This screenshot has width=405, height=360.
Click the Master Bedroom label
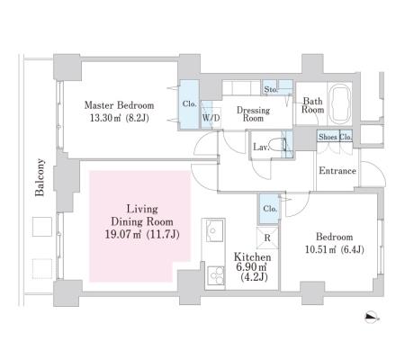pos(119,105)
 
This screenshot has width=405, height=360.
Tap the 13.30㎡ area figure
pos(105,118)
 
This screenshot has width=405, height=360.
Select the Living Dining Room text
pos(142,215)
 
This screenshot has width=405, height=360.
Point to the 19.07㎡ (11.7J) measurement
pos(142,234)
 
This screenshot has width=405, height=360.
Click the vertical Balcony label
pos(40,177)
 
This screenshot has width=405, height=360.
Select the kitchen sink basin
pos(215,230)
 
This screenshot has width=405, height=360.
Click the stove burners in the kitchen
pos(215,275)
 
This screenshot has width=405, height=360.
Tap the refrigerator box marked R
pos(267,238)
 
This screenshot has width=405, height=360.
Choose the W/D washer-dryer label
pos(211,118)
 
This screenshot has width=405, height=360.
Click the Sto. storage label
pos(271,89)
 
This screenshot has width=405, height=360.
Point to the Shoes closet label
pos(328,137)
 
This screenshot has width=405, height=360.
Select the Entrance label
pos(337,171)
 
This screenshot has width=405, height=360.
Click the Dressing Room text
pos(253,114)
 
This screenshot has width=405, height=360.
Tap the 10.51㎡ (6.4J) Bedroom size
pos(335,249)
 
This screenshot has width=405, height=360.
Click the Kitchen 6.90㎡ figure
pos(252,266)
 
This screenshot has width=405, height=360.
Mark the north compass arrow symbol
pos(373,318)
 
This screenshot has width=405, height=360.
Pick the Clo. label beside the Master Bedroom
pos(190,104)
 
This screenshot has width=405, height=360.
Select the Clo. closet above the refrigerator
pos(270,209)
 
